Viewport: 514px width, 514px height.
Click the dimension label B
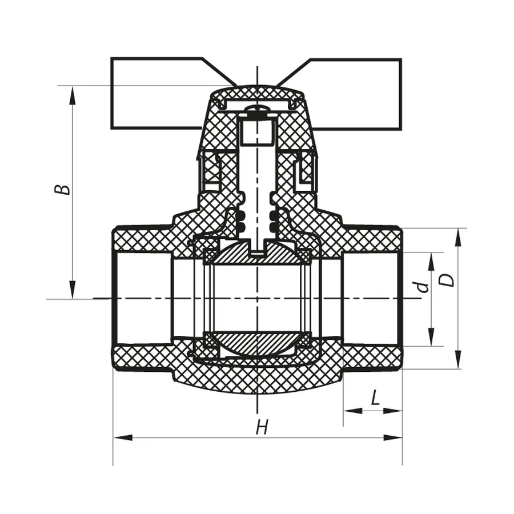pyautogui.click(x=65, y=188)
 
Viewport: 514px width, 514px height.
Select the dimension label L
pyautogui.click(x=375, y=398)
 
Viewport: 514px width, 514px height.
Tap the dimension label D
pyautogui.click(x=449, y=280)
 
